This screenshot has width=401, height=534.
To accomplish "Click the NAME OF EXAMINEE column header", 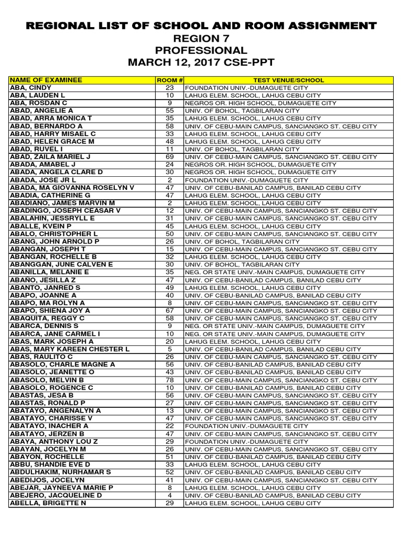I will coord(46,80).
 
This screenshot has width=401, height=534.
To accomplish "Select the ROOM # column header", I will coord(169,80).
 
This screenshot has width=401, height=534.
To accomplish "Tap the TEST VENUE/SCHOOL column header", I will coord(288,80).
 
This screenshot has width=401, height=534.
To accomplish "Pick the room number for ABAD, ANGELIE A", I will coord(169,111).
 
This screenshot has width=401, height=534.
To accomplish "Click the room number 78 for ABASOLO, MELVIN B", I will coord(169,380).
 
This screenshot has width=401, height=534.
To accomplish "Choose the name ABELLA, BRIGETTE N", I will coord(48,503).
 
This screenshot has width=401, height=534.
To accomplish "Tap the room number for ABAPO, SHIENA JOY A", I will coord(169,311).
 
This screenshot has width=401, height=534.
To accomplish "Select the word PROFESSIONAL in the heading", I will coord(200,51).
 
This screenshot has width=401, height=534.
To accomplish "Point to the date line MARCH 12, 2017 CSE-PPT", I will coord(200,63).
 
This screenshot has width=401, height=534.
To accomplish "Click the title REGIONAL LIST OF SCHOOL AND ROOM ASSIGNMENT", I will coord(200,26).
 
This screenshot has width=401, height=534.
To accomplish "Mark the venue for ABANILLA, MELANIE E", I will coord(275,272).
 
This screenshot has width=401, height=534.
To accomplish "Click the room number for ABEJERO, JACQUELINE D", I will coord(169,495).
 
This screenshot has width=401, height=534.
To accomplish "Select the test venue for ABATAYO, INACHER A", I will coord(246,426).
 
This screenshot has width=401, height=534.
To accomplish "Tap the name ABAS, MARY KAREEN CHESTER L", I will coord(69,349).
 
